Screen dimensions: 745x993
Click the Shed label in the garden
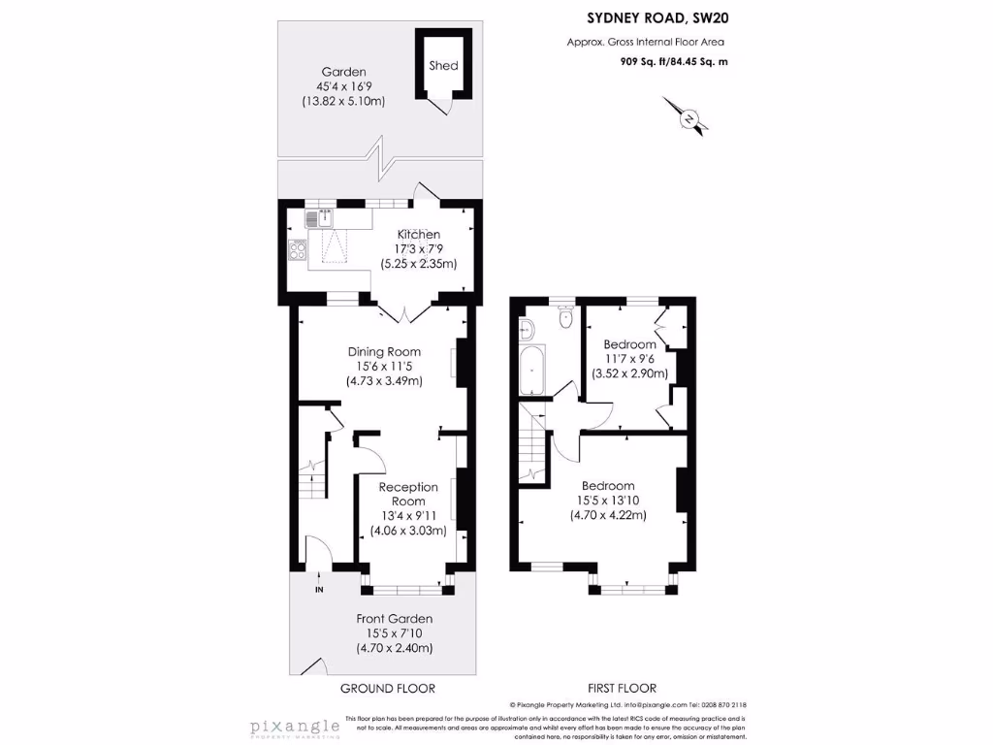point(444,66)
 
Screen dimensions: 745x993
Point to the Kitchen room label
point(419,234)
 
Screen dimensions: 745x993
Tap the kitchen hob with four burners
point(298,250)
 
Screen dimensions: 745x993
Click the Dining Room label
point(384,351)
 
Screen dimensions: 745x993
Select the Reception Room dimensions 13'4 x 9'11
point(408,516)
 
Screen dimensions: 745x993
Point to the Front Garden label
point(394,618)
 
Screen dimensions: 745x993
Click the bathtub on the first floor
point(531,371)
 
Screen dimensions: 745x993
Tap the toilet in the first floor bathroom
point(565,318)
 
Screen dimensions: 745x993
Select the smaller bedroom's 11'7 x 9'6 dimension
point(629,359)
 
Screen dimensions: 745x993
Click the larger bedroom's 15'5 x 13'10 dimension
point(608,501)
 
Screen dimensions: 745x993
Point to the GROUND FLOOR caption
point(387,688)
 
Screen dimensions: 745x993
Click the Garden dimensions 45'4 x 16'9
point(344,86)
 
